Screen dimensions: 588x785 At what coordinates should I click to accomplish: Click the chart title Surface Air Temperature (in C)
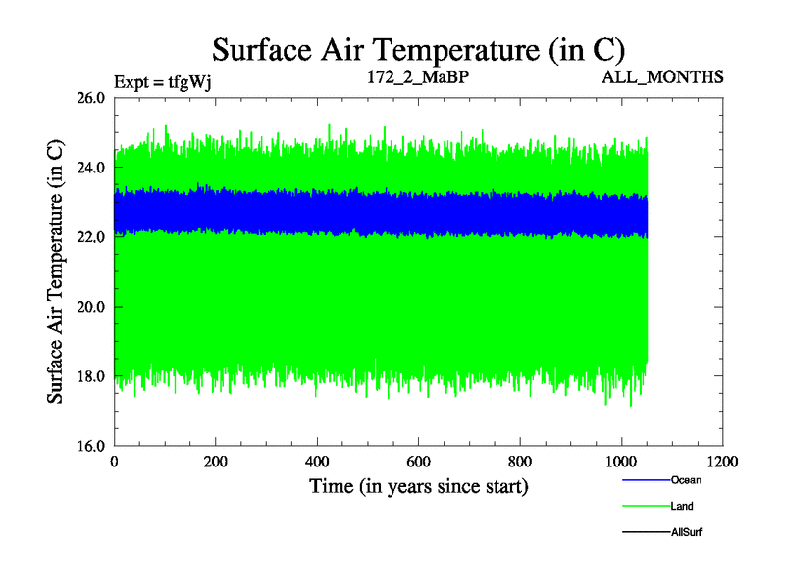(x=419, y=49)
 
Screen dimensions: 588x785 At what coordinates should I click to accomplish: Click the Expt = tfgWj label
(x=163, y=81)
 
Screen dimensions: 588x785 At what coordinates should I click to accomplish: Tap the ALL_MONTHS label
(x=663, y=76)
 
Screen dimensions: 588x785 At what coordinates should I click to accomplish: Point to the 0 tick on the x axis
(x=115, y=462)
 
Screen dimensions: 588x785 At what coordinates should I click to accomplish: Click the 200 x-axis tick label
(x=216, y=462)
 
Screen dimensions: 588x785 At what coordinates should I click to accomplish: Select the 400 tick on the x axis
(x=318, y=462)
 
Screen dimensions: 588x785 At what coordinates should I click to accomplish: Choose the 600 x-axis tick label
(x=419, y=462)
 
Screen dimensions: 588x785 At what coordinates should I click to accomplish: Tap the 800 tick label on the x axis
(x=520, y=462)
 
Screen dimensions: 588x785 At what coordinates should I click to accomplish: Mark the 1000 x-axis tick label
(x=621, y=462)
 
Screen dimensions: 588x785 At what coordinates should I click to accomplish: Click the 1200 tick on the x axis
(x=722, y=462)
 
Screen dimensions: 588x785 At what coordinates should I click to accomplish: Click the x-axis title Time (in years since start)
(x=419, y=486)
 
